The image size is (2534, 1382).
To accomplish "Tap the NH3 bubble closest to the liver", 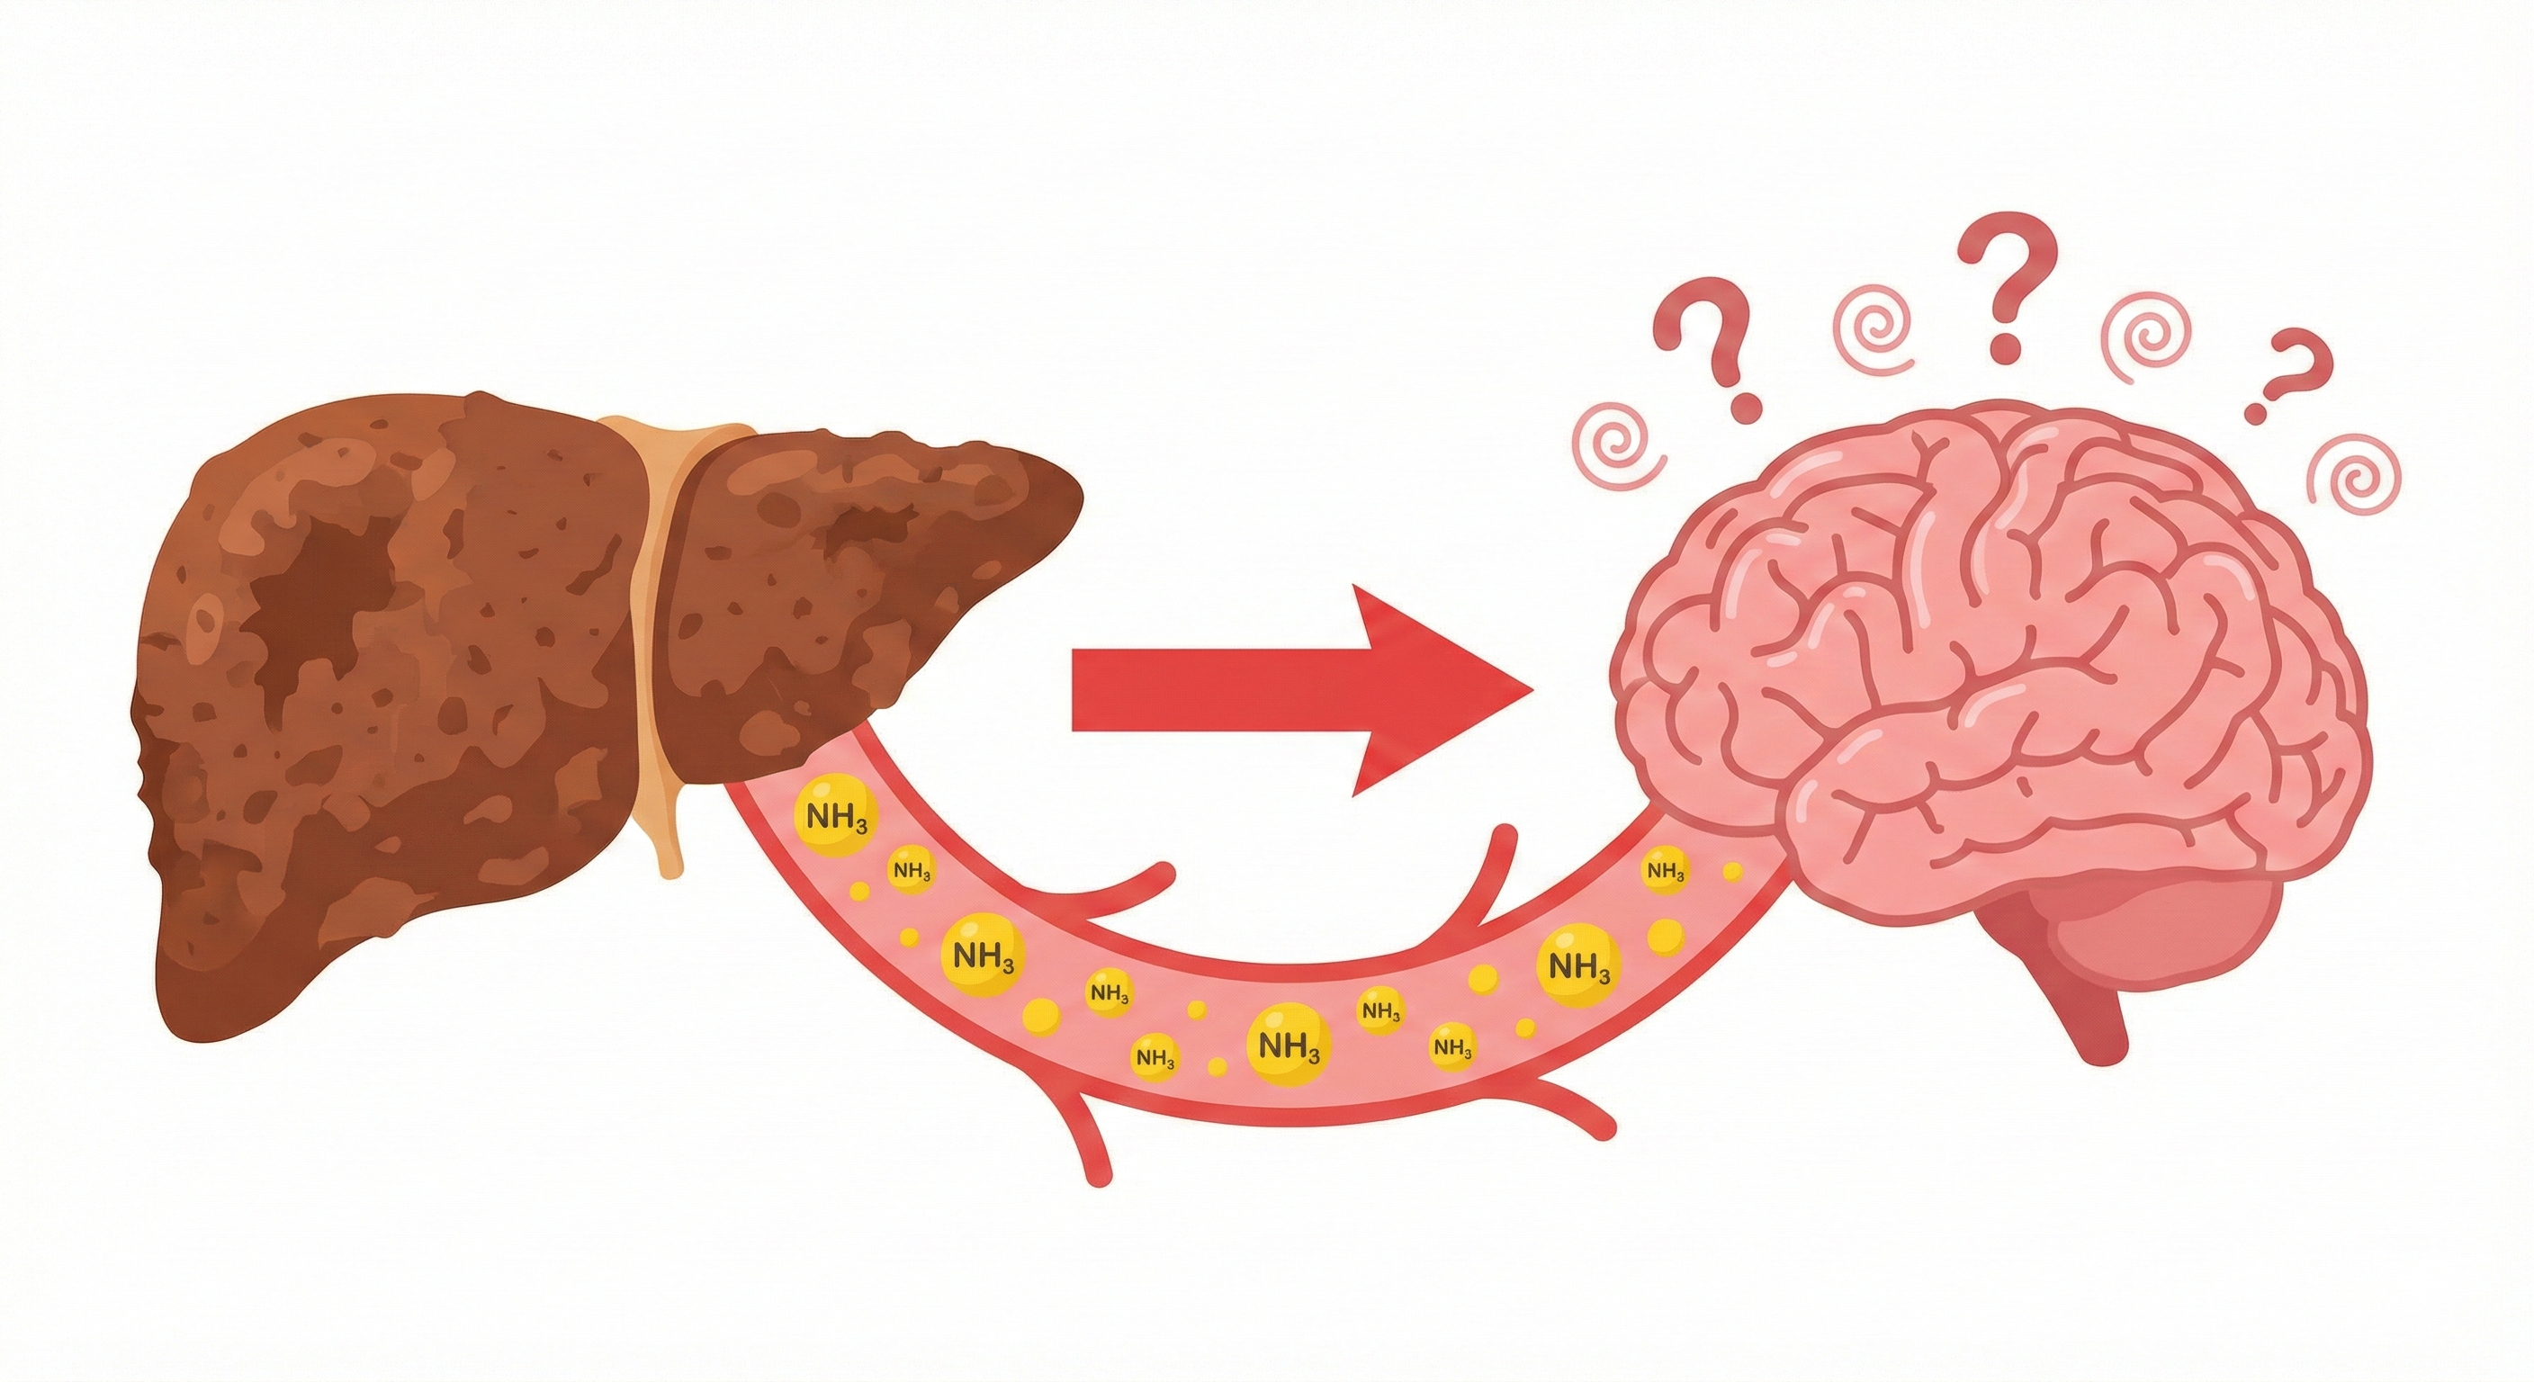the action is pyautogui.click(x=836, y=815).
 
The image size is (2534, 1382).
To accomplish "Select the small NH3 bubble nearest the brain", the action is pyautogui.click(x=1665, y=871).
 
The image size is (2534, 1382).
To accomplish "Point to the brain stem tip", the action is pyautogui.click(x=2105, y=1048).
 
